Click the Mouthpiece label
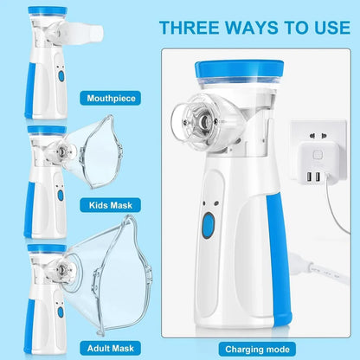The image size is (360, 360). (x=112, y=98)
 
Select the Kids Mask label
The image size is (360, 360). (x=112, y=206)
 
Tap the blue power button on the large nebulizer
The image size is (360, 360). (x=208, y=228)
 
